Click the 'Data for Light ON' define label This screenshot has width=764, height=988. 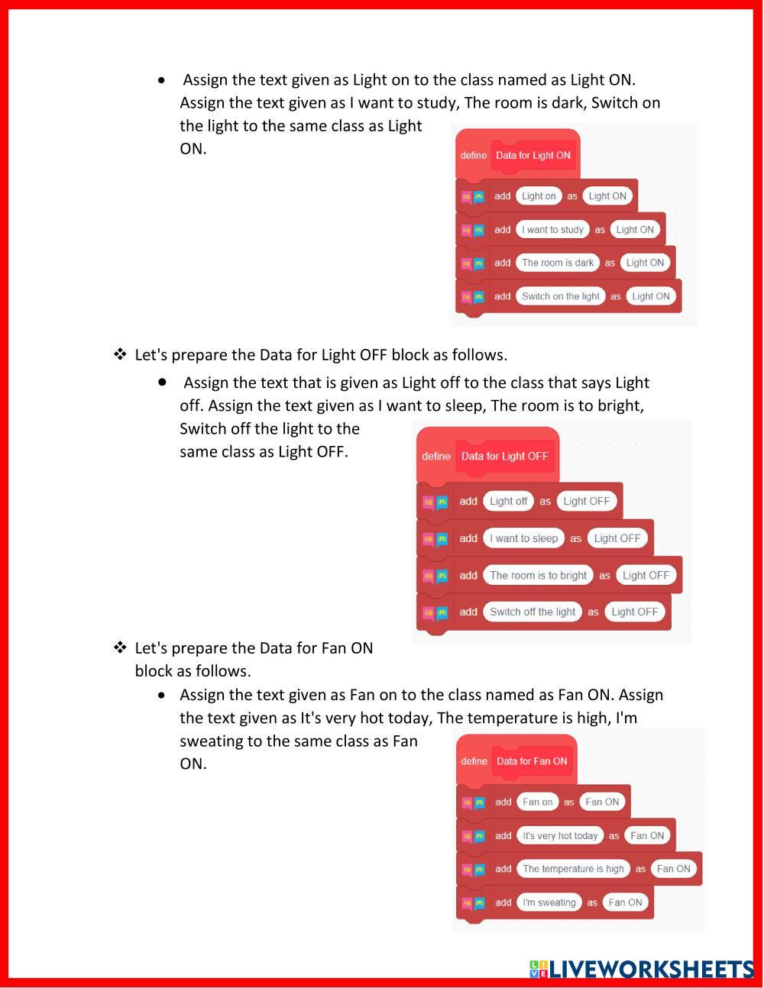(533, 156)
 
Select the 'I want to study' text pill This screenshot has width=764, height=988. (552, 230)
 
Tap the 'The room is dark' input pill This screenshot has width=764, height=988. (558, 263)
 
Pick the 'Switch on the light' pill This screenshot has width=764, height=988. (561, 296)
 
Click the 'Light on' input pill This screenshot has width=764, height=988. (539, 196)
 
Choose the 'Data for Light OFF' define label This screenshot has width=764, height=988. (505, 456)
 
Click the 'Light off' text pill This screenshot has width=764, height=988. (508, 501)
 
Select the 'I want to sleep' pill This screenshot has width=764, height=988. (523, 538)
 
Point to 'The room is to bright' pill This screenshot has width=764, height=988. (539, 576)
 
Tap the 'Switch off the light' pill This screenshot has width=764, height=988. (533, 612)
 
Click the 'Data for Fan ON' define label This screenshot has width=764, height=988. (532, 761)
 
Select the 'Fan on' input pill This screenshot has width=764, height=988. (538, 802)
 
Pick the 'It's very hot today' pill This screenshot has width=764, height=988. (560, 836)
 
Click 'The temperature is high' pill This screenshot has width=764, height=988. (574, 869)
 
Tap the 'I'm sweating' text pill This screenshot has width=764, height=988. (549, 902)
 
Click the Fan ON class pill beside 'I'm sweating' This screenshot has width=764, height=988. (625, 902)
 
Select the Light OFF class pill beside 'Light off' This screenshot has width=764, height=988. (587, 501)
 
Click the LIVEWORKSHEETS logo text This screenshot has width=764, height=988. (641, 970)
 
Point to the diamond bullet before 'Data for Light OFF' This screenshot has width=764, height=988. (120, 354)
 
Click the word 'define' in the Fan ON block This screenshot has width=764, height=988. (474, 761)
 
